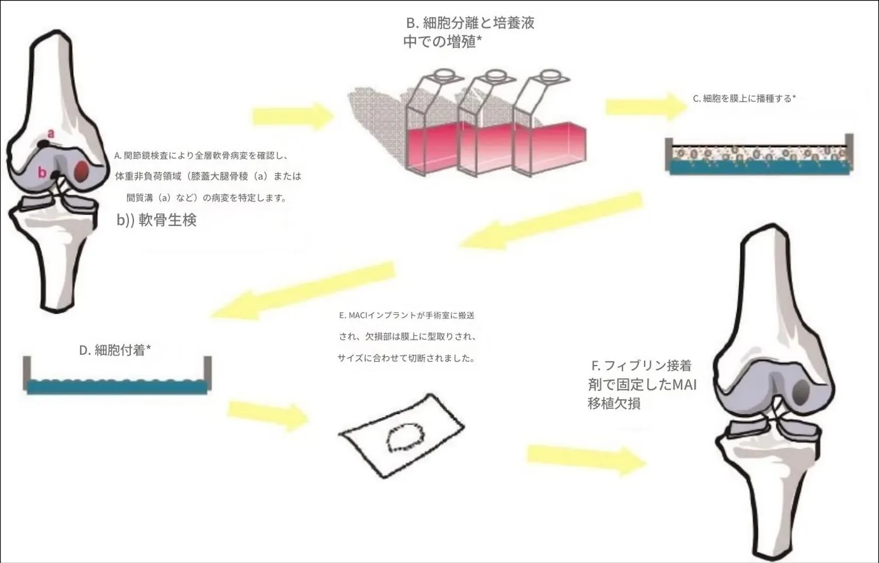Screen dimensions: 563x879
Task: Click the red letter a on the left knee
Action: coord(51,133)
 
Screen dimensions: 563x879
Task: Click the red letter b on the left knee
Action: coord(42,172)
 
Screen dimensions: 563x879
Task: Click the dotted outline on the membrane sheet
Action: coord(406,438)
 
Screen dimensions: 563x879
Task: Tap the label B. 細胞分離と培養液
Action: coord(470,23)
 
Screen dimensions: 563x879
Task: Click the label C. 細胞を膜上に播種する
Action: coord(744,99)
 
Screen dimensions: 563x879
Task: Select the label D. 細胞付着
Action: coord(115,350)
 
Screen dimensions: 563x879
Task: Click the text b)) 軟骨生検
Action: coord(157,220)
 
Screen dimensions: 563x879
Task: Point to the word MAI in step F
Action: coord(685,384)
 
